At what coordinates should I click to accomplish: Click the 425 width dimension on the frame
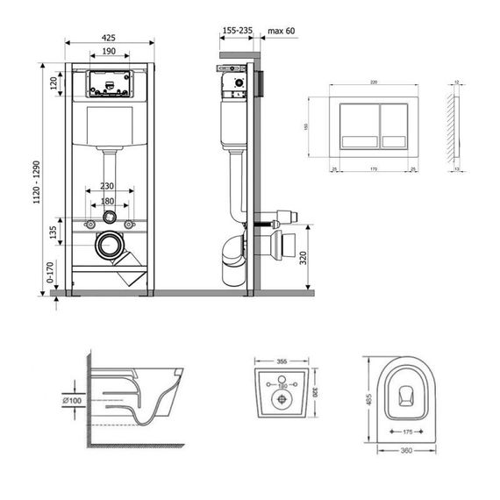pos(109,39)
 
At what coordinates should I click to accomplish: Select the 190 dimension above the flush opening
pos(109,52)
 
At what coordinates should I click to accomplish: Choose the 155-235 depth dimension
pos(238,30)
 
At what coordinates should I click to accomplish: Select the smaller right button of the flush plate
pos(396,127)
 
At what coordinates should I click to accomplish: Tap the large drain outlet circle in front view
pos(110,245)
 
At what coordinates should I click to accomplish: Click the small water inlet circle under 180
pos(110,216)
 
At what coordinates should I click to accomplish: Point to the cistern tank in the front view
pos(110,127)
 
